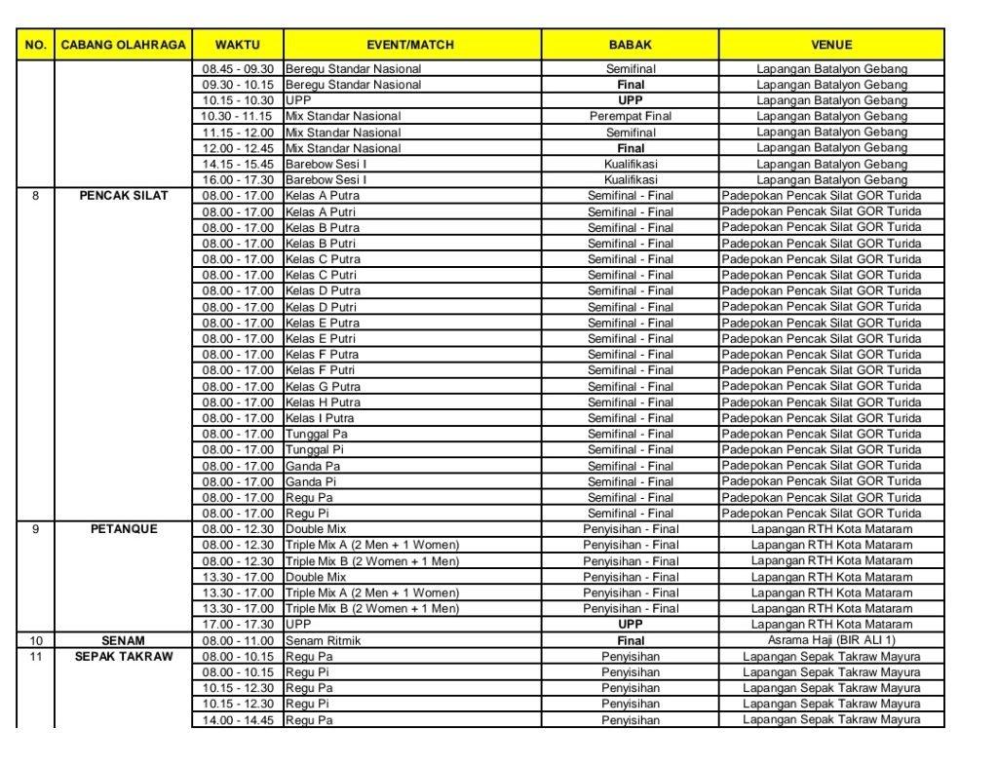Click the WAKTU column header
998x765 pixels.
coord(238,45)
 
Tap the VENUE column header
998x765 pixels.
coord(831,45)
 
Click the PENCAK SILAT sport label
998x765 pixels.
coord(123,196)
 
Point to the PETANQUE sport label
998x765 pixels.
coord(123,529)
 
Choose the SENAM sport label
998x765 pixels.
coord(123,640)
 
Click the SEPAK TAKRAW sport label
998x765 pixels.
coord(123,656)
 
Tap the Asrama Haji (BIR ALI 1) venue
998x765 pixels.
coord(831,640)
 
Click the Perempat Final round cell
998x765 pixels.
coord(631,116)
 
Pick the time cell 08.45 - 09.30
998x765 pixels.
coord(238,69)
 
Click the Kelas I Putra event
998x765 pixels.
coord(321,418)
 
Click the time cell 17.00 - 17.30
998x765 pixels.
coord(238,624)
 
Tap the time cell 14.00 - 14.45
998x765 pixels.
coord(238,720)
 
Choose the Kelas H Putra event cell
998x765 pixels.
coord(323,402)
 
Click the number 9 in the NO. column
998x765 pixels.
coord(36,529)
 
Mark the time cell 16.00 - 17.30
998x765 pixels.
coord(238,179)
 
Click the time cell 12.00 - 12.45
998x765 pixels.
coord(238,148)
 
